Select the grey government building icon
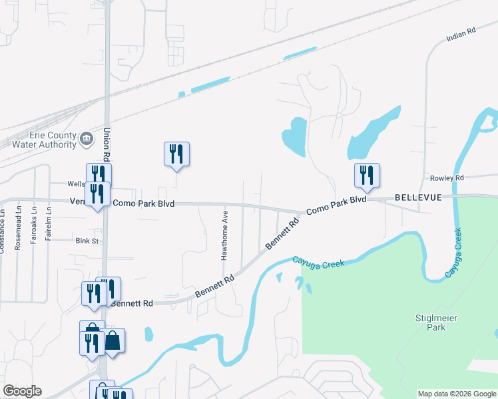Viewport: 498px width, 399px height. pos(87,139)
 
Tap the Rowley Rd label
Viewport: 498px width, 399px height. pos(446,178)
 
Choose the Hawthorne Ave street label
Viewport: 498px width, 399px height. pos(225,227)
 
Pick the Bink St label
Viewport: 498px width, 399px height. pos(87,240)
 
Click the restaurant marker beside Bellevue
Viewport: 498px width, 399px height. pos(367,176)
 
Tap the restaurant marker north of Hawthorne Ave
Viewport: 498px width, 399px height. pos(176,154)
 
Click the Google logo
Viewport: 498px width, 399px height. pos(22,391)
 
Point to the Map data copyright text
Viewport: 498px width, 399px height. pos(457,394)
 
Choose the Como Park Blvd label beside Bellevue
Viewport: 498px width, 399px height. pos(336,204)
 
